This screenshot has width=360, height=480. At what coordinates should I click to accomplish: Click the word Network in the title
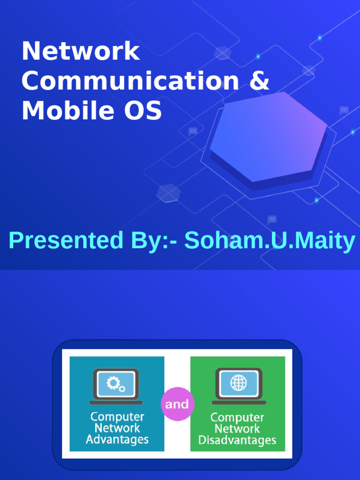click(x=80, y=52)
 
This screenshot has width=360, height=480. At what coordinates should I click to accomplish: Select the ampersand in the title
click(x=259, y=82)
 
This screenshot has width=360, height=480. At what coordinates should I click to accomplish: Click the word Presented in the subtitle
click(x=64, y=241)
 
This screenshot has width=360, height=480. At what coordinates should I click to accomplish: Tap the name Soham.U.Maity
click(x=270, y=241)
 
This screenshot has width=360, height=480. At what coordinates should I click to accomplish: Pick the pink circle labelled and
click(x=177, y=404)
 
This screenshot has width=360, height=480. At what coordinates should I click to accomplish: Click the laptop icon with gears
click(x=116, y=386)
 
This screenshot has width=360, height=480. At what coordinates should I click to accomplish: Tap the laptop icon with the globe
click(x=239, y=386)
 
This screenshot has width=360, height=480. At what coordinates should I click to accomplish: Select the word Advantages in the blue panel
click(x=117, y=440)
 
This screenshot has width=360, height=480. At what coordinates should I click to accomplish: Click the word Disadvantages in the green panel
click(x=237, y=441)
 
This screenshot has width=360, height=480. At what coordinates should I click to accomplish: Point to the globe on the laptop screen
click(x=239, y=383)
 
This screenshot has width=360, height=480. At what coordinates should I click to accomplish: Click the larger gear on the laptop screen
click(x=113, y=382)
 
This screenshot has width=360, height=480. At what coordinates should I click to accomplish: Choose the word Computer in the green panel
click(x=237, y=418)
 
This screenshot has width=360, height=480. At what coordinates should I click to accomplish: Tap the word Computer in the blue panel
click(x=117, y=417)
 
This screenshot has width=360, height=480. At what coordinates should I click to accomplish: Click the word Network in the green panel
click(x=237, y=429)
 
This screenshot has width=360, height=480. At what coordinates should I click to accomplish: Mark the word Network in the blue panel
click(x=117, y=428)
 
